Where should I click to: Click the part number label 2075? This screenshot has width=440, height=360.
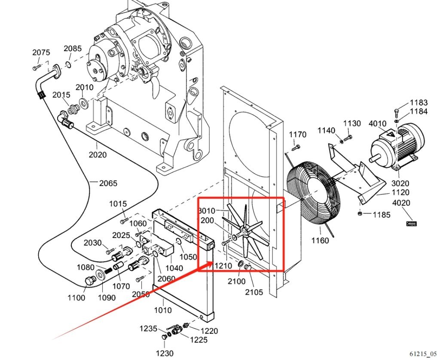click(x=41, y=52)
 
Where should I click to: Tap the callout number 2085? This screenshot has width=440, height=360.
click(x=73, y=49)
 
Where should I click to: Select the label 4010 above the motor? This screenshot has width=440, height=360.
click(x=378, y=124)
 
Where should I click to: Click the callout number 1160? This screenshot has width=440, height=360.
click(x=320, y=241)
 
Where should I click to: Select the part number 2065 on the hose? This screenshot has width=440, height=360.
click(x=108, y=183)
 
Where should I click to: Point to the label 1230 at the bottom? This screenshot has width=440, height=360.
click(x=165, y=353)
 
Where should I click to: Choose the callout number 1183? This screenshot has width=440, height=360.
click(x=419, y=103)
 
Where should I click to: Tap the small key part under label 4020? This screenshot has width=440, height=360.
click(x=411, y=223)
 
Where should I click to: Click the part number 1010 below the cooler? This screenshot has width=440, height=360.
click(x=163, y=310)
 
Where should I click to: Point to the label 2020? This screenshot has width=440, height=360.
click(x=98, y=155)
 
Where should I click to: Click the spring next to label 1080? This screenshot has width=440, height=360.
click(x=108, y=272)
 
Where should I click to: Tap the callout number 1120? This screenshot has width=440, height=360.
click(x=400, y=192)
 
